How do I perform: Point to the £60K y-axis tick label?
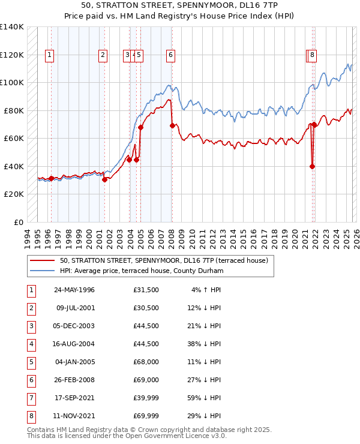pyautogui.click(x=13, y=138)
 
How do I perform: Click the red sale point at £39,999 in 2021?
pyautogui.click(x=312, y=167)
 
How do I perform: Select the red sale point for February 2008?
pyautogui.click(x=172, y=125)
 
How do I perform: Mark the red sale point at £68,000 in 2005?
pyautogui.click(x=141, y=127)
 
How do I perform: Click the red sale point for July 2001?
pyautogui.click(x=104, y=179)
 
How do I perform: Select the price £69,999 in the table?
pyautogui.click(x=146, y=416)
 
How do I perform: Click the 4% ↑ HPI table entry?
pyautogui.click(x=206, y=290)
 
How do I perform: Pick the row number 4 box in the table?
pyautogui.click(x=31, y=344)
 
